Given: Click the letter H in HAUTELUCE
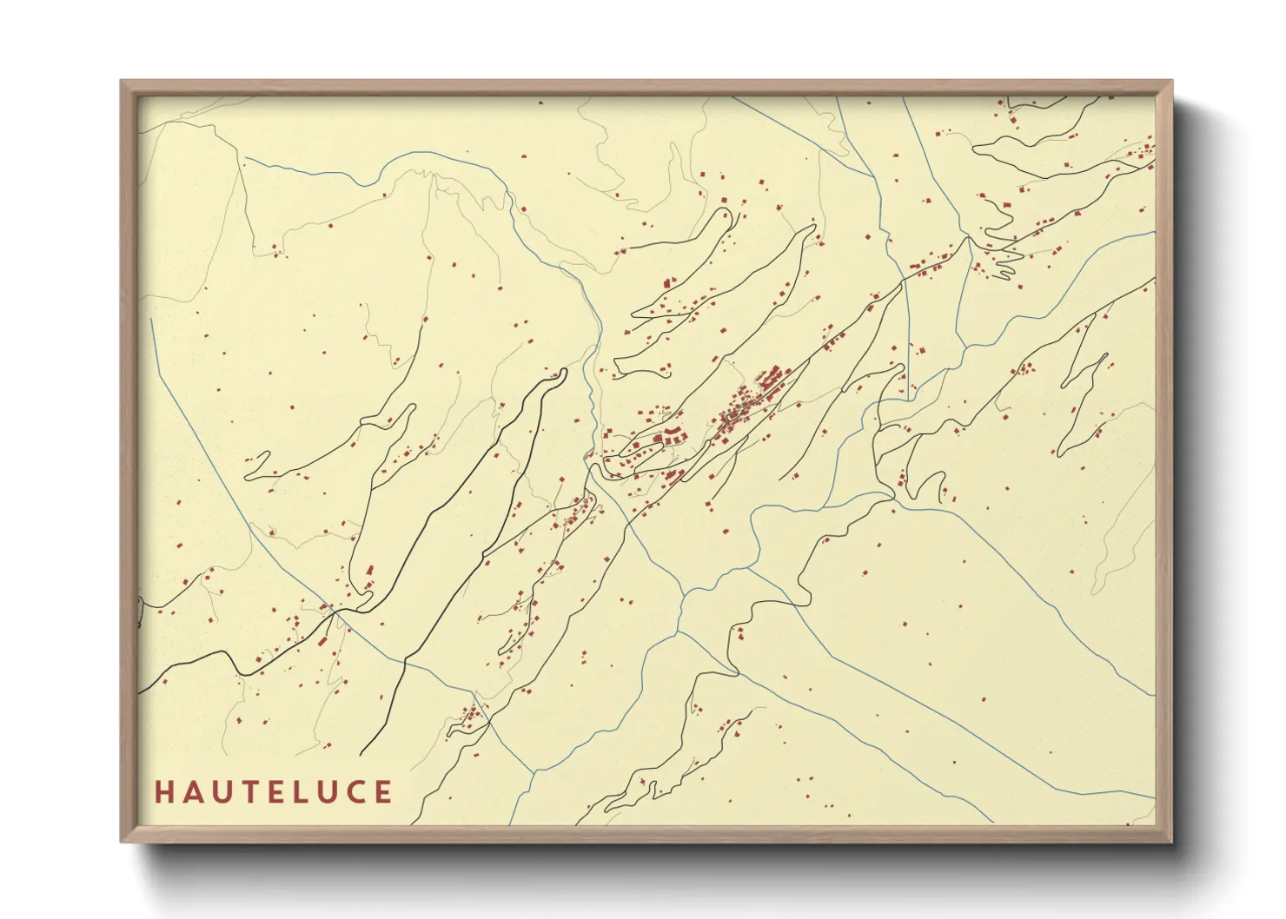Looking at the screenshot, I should [x=163, y=792].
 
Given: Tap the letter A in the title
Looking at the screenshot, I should [x=192, y=792].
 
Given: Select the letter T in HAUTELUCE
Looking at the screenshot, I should [x=249, y=792].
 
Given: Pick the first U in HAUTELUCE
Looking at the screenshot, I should [x=221, y=792].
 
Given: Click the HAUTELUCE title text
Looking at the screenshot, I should [x=274, y=792].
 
